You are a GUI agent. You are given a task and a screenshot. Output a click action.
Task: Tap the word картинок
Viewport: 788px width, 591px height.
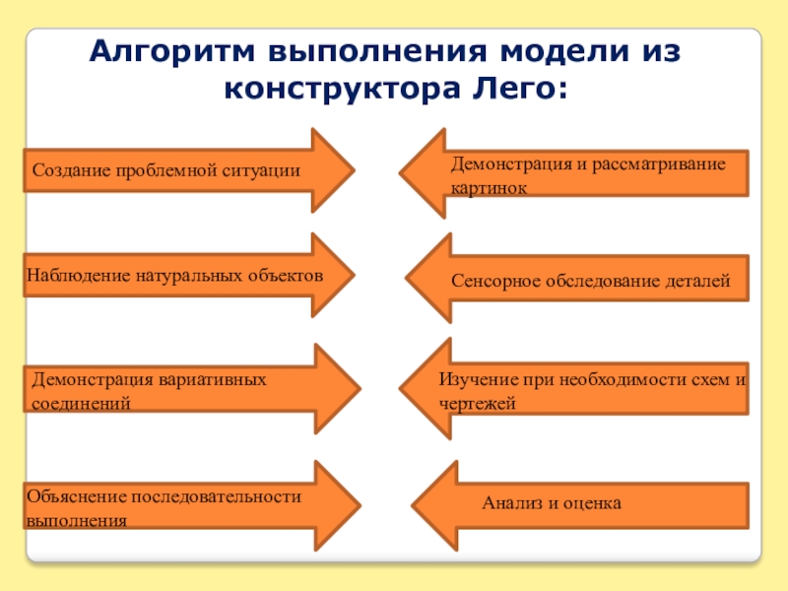pyautogui.click(x=490, y=185)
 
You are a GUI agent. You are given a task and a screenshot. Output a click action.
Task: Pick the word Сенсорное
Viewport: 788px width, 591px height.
pyautogui.click(x=495, y=282)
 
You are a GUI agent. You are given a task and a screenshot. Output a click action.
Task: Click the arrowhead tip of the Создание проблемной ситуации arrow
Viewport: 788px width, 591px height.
pyautogui.click(x=353, y=170)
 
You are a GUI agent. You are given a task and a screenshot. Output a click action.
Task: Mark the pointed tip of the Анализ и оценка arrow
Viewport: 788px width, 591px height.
pyautogui.click(x=413, y=504)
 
